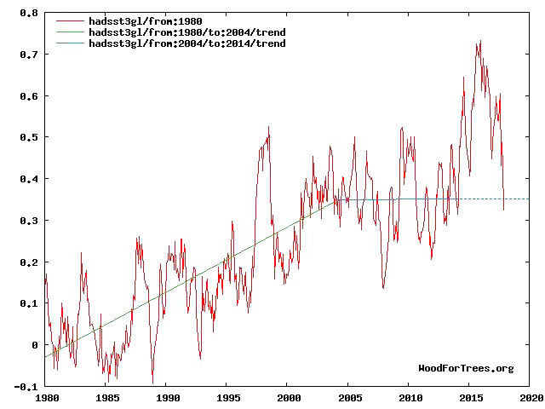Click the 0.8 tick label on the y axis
coord(30,14)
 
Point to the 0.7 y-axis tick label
coord(30,55)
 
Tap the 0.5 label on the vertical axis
coord(30,137)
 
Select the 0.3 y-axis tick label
coord(30,221)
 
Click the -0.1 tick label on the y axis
coord(27,387)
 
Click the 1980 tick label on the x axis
coord(45,398)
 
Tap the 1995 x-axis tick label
coord(227,398)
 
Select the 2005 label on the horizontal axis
coord(349,398)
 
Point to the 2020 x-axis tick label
coord(531,398)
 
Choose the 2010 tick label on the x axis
coord(410,398)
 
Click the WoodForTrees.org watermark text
coord(466,368)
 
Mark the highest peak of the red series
coord(481,40)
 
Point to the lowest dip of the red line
coord(153,383)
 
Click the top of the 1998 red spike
coord(268,127)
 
